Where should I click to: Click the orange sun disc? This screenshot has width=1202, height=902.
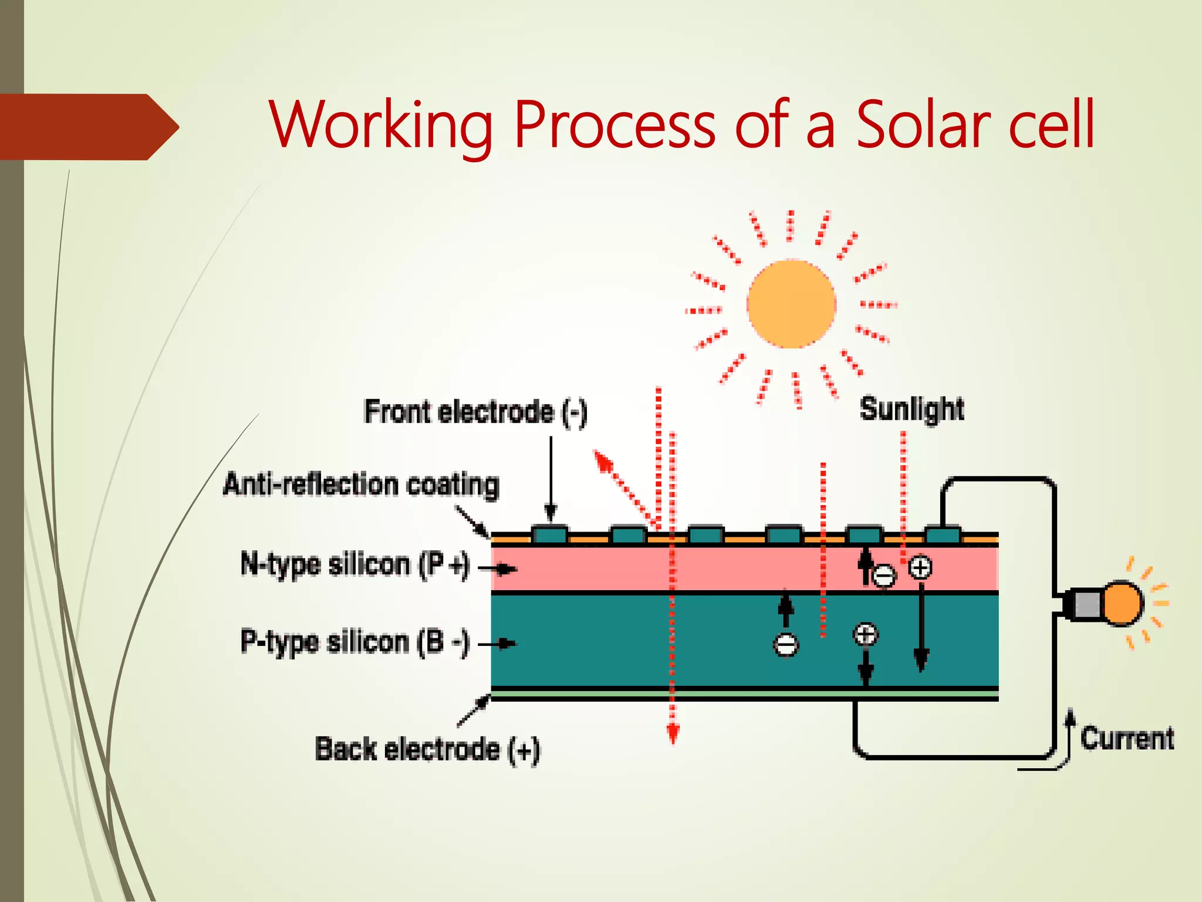(791, 304)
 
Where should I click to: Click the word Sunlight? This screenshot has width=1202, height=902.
(911, 409)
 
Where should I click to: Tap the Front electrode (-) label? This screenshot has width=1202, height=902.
(475, 412)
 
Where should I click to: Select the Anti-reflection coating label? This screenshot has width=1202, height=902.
(361, 485)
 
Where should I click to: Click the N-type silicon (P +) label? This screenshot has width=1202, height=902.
(355, 565)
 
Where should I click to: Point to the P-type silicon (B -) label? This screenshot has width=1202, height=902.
(355, 642)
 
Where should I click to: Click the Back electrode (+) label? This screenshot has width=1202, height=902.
(427, 750)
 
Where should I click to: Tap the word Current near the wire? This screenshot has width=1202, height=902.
(1127, 738)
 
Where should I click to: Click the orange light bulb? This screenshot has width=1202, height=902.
(1122, 603)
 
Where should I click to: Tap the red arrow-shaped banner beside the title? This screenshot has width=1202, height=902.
(88, 127)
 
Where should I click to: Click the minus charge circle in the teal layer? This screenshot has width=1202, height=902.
(786, 645)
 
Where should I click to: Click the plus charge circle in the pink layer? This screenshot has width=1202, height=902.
(920, 567)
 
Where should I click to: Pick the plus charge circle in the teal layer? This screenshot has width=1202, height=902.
(865, 635)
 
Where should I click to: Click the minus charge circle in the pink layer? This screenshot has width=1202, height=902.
(884, 575)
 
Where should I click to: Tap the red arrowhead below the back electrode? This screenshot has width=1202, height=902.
(673, 734)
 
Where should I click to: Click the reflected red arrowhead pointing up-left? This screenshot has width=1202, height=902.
(602, 461)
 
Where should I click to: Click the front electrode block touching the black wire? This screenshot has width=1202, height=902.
(943, 535)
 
